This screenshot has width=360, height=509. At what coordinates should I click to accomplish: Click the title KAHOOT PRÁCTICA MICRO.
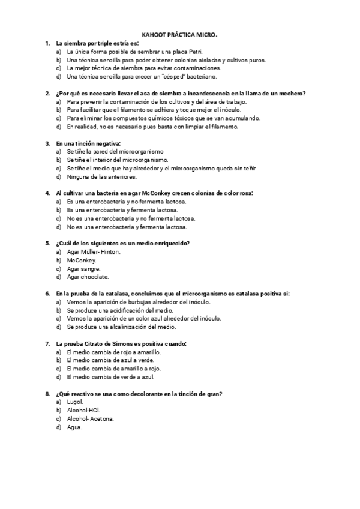(179, 35)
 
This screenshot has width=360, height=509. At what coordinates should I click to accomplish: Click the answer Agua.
(74, 427)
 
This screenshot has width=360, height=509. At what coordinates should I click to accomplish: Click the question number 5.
(47, 243)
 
